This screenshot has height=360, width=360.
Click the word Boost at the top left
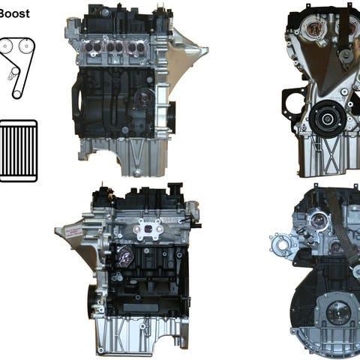tap(14, 13)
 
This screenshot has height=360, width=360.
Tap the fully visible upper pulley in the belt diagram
tap(25, 46)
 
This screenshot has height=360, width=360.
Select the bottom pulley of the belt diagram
tap(16, 94)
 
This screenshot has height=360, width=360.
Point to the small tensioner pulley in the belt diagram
tap(15, 71)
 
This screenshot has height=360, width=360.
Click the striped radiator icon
tap(18, 151)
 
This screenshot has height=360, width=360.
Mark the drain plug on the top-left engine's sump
tap(137, 172)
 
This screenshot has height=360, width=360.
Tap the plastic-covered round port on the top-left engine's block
tap(145, 97)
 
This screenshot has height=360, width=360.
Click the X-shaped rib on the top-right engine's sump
tap(331, 151)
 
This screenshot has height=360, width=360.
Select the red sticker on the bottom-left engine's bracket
tap(73, 232)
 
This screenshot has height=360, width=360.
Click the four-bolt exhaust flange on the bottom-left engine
tap(148, 229)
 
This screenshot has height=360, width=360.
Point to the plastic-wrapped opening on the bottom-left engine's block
tap(124, 256)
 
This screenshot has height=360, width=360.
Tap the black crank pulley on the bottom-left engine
tap(91, 299)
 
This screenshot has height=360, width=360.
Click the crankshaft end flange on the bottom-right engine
tap(338, 313)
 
